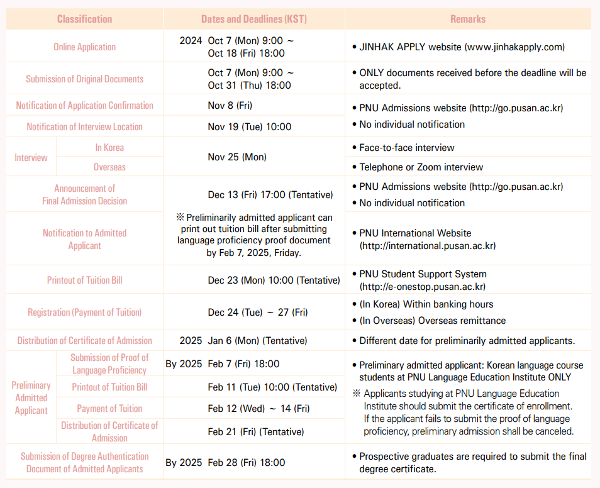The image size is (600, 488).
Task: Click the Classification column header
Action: click(x=84, y=19)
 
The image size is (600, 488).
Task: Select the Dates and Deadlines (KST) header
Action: click(x=254, y=19)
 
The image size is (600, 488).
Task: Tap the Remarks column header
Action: click(x=468, y=19)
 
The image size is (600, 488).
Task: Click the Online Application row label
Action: click(x=84, y=47)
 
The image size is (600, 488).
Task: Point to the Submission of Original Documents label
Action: click(x=84, y=79)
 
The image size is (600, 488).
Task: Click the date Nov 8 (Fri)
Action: click(x=230, y=105)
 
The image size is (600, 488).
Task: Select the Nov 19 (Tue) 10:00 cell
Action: click(x=250, y=126)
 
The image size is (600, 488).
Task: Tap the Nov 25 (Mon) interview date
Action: click(x=237, y=157)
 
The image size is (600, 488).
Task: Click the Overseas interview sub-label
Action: click(x=109, y=167)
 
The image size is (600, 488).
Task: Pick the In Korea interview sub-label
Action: click(x=109, y=147)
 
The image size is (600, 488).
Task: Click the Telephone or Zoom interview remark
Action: click(x=421, y=167)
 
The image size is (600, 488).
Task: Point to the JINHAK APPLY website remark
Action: click(x=462, y=47)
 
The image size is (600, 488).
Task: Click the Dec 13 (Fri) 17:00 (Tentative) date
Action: click(x=270, y=195)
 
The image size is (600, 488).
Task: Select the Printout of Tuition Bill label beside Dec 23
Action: click(x=84, y=280)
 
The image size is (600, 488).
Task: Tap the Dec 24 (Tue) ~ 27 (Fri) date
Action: click(x=258, y=312)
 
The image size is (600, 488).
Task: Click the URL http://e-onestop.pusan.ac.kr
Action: click(x=422, y=287)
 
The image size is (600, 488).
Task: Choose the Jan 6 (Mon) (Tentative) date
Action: click(x=257, y=340)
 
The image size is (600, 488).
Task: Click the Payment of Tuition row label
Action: click(x=109, y=408)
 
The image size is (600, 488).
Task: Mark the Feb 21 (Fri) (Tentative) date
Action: click(x=256, y=432)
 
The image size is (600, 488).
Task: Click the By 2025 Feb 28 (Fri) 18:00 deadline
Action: click(x=225, y=462)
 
